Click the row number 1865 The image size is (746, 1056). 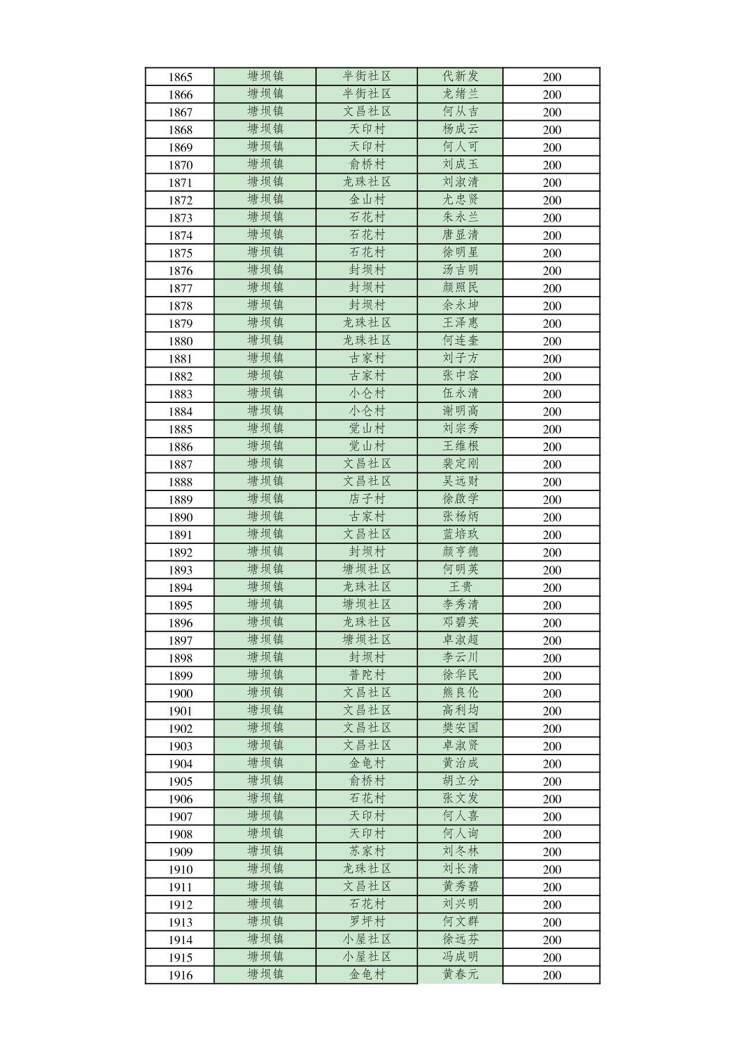pyautogui.click(x=180, y=77)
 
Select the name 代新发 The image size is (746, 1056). pyautogui.click(x=461, y=76)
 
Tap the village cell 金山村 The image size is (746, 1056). pyautogui.click(x=367, y=199)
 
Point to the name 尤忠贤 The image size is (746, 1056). pyautogui.click(x=461, y=199)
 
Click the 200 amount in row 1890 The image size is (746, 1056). pyautogui.click(x=552, y=518)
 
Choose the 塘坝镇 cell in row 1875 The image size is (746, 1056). pyautogui.click(x=265, y=252)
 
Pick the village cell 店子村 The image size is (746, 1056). pyautogui.click(x=367, y=499)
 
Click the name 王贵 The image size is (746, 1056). pyautogui.click(x=461, y=587)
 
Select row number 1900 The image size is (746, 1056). pyautogui.click(x=180, y=693)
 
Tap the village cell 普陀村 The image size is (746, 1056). pyautogui.click(x=367, y=675)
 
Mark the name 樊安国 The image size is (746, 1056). pyautogui.click(x=461, y=728)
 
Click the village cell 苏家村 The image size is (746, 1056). pyautogui.click(x=367, y=851)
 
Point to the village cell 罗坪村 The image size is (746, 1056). pyautogui.click(x=367, y=922)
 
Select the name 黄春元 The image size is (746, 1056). pyautogui.click(x=461, y=975)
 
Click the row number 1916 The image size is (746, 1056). pyautogui.click(x=180, y=975)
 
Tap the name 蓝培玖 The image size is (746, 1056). pyautogui.click(x=461, y=534)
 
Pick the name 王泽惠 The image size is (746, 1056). pyautogui.click(x=461, y=323)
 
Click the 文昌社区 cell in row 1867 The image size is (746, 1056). pyautogui.click(x=367, y=111)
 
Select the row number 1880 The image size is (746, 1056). pyautogui.click(x=180, y=341)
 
